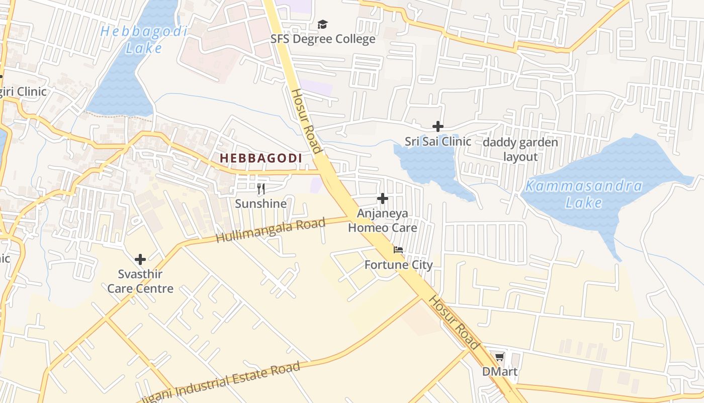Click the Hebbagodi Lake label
click(x=144, y=39)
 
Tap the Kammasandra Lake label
click(x=583, y=194)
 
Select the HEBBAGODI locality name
click(x=261, y=158)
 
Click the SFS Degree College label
click(x=323, y=39)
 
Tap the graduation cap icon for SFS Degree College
click(x=322, y=24)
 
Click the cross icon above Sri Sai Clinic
click(x=438, y=126)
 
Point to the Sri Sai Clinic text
click(x=438, y=142)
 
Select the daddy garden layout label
click(x=520, y=150)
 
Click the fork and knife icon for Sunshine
click(x=261, y=189)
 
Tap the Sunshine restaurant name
click(x=261, y=204)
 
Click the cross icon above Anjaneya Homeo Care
click(x=383, y=198)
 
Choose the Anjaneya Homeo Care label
click(x=383, y=221)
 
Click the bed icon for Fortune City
click(x=398, y=250)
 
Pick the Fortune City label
click(x=398, y=265)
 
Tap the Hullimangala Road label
click(x=271, y=230)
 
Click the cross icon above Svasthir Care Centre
click(x=140, y=259)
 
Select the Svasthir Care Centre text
click(x=140, y=282)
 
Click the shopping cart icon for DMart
click(x=499, y=357)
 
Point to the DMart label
click(x=499, y=372)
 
